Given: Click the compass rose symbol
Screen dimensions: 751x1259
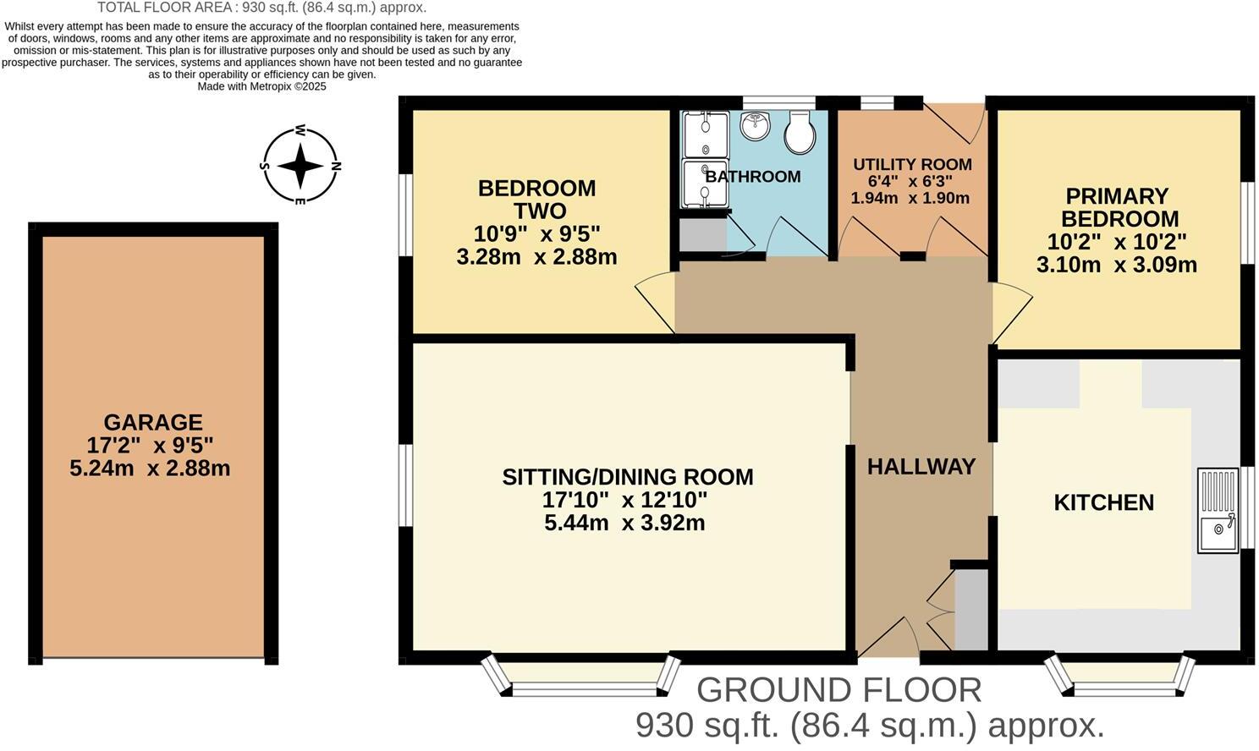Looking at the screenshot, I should pyautogui.click(x=300, y=166).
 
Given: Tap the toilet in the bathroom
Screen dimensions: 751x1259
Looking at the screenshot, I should pyautogui.click(x=800, y=133).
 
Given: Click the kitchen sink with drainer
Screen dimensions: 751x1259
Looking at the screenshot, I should pyautogui.click(x=1218, y=511).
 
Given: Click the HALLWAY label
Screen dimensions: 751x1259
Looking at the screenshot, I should pyautogui.click(x=921, y=466).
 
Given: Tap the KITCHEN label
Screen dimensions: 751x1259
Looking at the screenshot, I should pyautogui.click(x=1103, y=502).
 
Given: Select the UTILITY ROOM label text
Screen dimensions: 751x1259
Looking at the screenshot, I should pyautogui.click(x=912, y=164).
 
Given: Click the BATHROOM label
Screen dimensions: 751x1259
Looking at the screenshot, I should pyautogui.click(x=752, y=177).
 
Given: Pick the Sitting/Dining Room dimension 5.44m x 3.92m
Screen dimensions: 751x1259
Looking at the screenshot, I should pyautogui.click(x=624, y=523).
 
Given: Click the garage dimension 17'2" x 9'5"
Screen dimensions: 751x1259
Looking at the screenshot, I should pyautogui.click(x=150, y=445).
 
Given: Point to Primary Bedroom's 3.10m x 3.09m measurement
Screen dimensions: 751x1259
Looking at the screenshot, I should pyautogui.click(x=1116, y=265).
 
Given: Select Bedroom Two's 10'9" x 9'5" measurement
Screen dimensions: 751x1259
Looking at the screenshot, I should pyautogui.click(x=537, y=233).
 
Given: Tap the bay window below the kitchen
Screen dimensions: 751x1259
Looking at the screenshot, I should pyautogui.click(x=1121, y=676).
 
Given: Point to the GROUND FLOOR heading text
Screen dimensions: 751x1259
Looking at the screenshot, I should pyautogui.click(x=838, y=690).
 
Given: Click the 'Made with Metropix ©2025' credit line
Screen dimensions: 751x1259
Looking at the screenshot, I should pyautogui.click(x=261, y=86).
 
